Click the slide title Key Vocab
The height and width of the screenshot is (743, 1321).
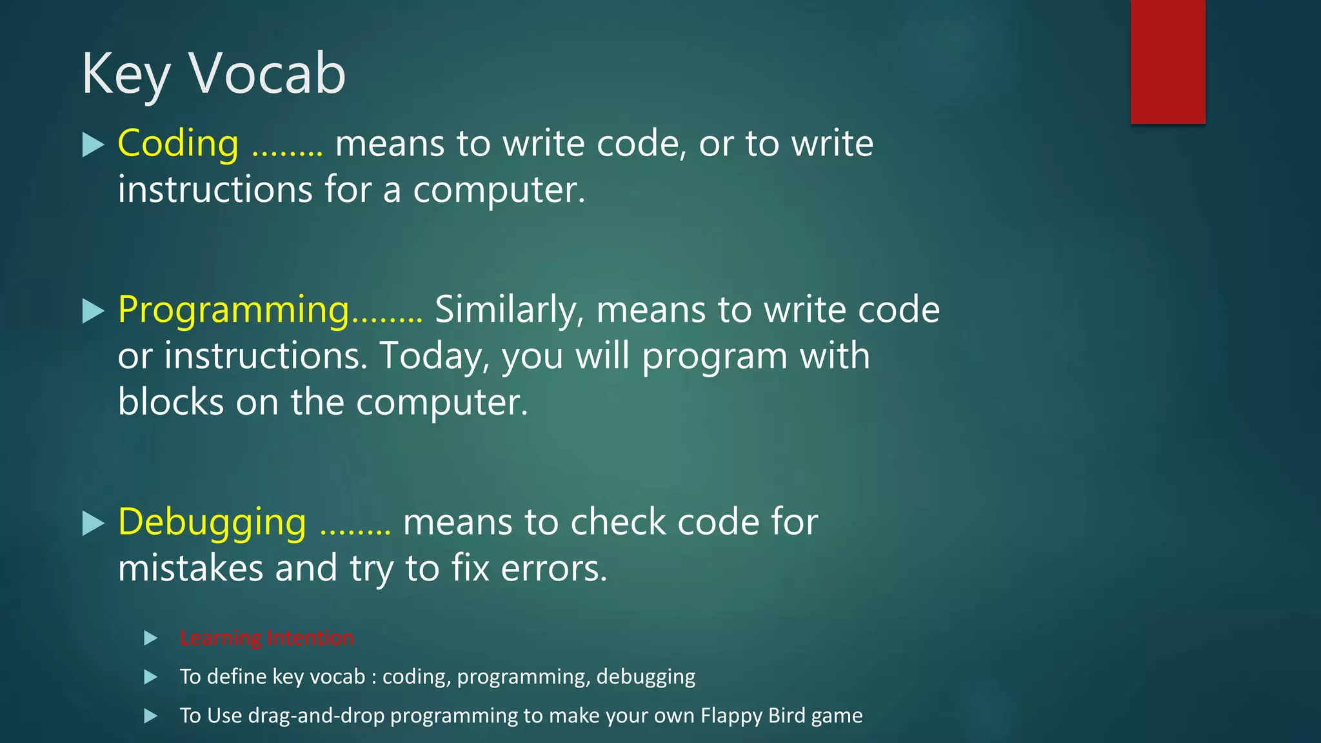coord(214,74)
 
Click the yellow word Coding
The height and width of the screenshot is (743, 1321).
coord(178,143)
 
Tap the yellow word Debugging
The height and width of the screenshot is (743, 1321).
coord(212,522)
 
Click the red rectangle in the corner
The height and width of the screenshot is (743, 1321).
coord(1167,61)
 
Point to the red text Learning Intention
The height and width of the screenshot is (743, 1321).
coord(266,638)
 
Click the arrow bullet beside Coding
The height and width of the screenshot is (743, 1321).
coord(94,144)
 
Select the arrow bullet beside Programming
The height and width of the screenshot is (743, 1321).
coord(94,312)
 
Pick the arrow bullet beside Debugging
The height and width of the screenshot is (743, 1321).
coord(94,523)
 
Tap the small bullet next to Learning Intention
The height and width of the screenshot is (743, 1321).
coord(151,639)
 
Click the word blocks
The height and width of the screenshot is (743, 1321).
coord(171,402)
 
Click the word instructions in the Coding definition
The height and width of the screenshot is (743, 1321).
coord(215,190)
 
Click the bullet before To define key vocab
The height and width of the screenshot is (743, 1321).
coord(151,677)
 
